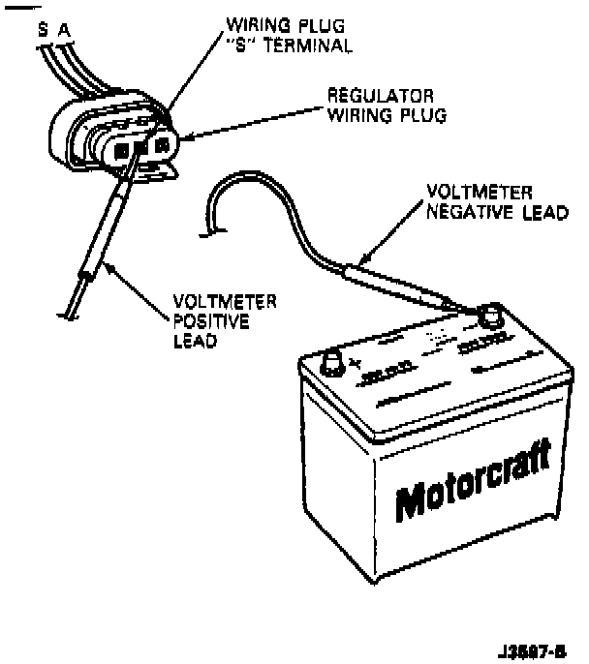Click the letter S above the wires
point(43,30)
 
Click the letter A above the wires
point(64,30)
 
